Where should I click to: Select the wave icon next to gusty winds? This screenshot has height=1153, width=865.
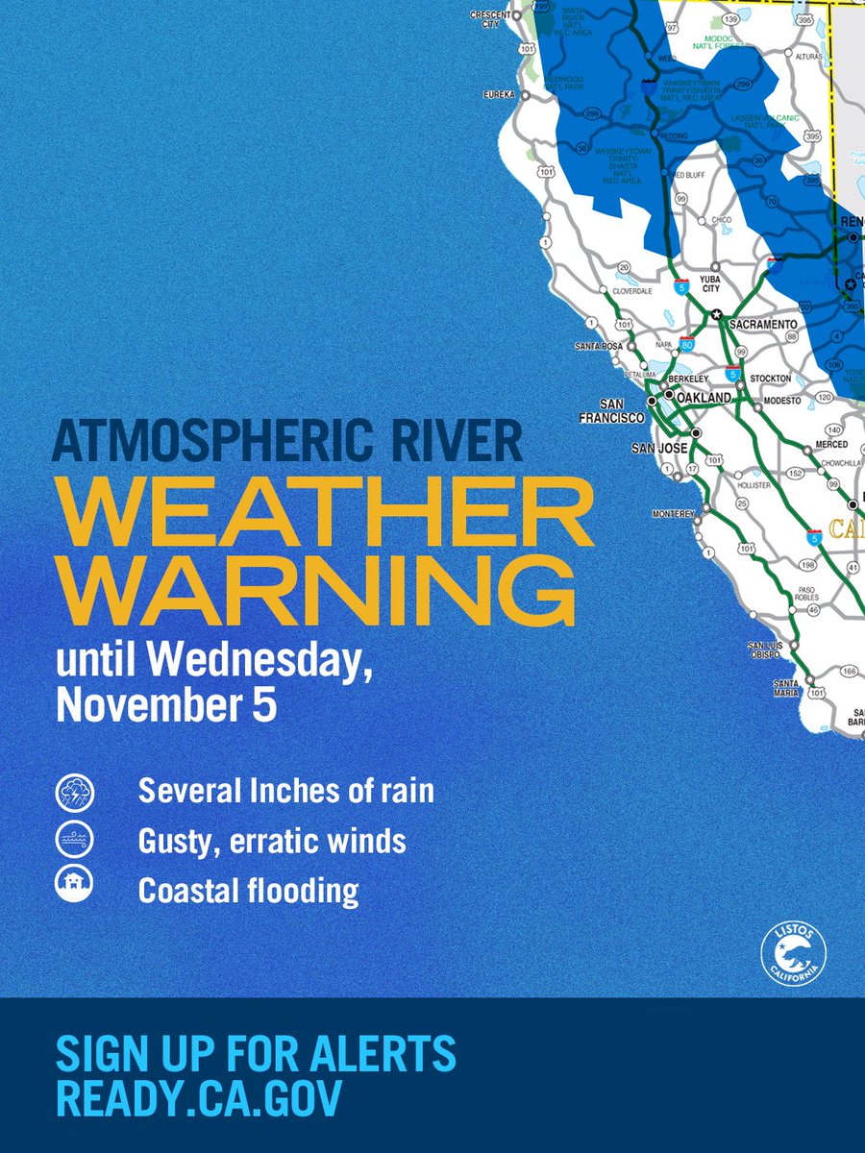pyautogui.click(x=74, y=841)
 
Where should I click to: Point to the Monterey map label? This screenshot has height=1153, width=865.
pyautogui.click(x=673, y=514)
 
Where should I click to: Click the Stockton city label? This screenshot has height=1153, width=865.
pyautogui.click(x=770, y=379)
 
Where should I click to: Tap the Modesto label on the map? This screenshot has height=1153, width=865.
pyautogui.click(x=780, y=399)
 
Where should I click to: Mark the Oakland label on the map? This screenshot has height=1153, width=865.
pyautogui.click(x=704, y=397)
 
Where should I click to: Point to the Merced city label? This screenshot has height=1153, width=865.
pyautogui.click(x=831, y=445)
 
